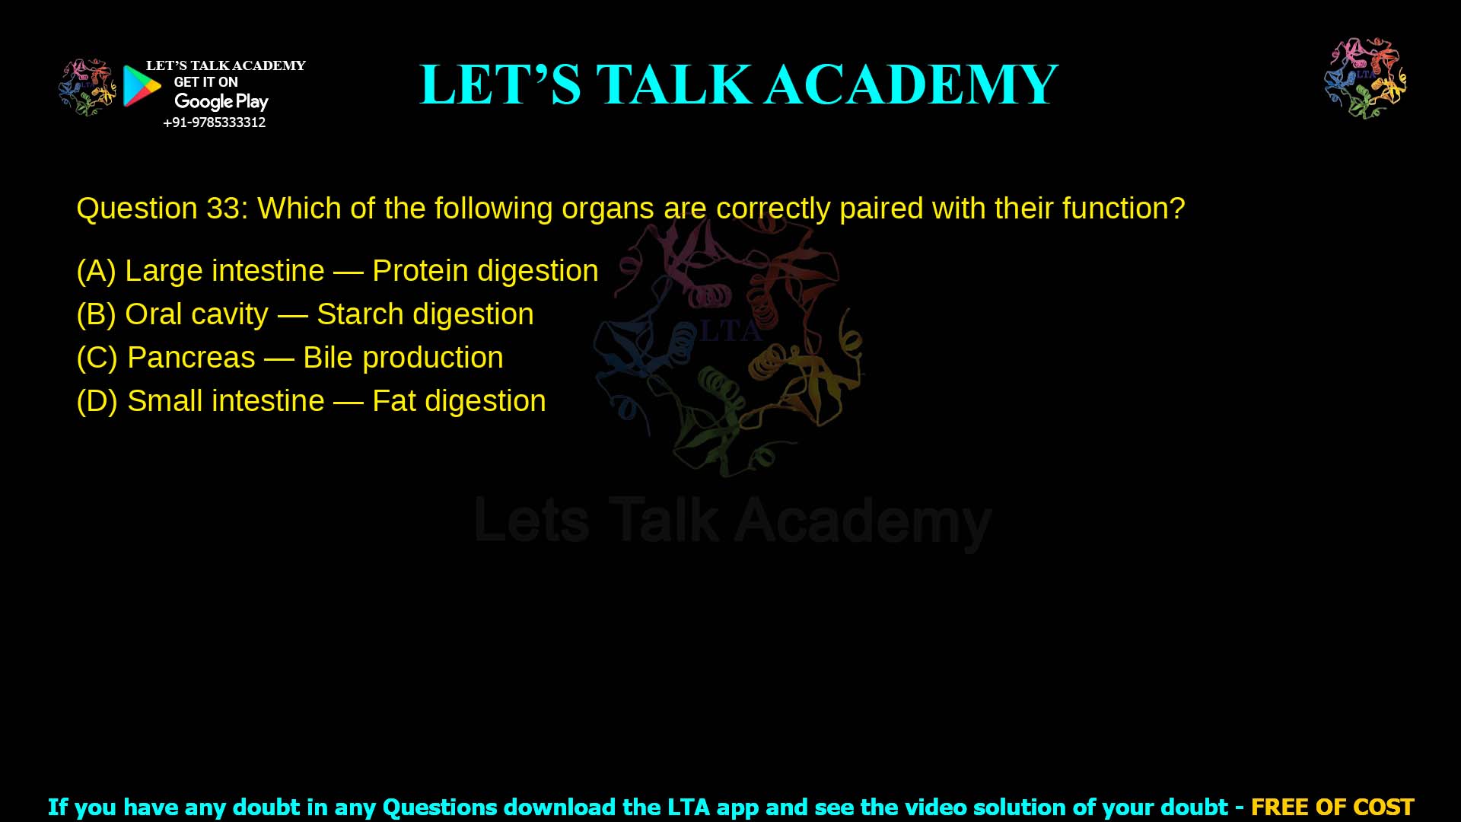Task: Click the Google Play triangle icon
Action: pos(142,86)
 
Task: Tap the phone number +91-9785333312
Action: pos(215,123)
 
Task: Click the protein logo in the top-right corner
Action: pos(1365,78)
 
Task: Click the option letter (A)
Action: pos(96,271)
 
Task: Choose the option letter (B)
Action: pos(96,314)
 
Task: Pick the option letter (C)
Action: pos(97,358)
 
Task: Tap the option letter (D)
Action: pos(97,401)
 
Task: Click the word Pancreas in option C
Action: pos(191,358)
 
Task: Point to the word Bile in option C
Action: pos(328,358)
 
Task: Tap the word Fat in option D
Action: pos(393,401)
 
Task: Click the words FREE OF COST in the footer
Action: pos(1332,807)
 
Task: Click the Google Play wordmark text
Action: pos(221,101)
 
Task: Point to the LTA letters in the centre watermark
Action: pos(729,331)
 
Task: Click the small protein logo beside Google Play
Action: pos(88,87)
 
